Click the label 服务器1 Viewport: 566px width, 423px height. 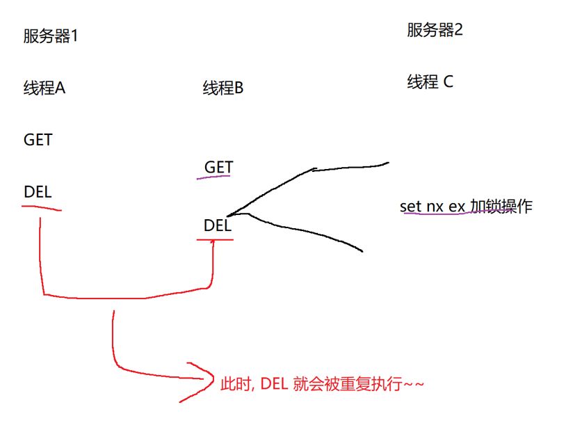tap(51, 37)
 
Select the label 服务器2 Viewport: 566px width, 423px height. tap(435, 30)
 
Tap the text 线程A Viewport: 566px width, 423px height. tap(45, 88)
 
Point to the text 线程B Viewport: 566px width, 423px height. tap(223, 88)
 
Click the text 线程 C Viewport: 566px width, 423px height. tap(430, 82)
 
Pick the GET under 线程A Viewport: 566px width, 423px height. tap(38, 140)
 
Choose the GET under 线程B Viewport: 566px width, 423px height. tap(218, 168)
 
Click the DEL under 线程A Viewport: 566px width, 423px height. tap(38, 192)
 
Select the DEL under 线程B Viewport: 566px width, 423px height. tap(217, 225)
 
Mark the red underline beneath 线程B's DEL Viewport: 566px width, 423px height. tap(215, 240)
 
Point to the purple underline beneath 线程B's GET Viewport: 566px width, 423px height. tap(213, 177)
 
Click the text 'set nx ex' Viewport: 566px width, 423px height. tap(432, 207)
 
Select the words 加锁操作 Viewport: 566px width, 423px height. tap(501, 207)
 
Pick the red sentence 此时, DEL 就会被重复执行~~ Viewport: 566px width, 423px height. tap(321, 383)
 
